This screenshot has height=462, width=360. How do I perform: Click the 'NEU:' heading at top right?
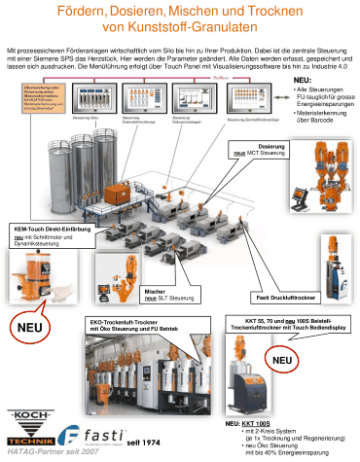(x=303, y=81)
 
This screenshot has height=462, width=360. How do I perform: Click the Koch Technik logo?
(x=29, y=426)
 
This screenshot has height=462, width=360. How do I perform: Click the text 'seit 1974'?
(x=142, y=443)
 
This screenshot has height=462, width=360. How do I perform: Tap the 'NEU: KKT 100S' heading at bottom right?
(x=246, y=425)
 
